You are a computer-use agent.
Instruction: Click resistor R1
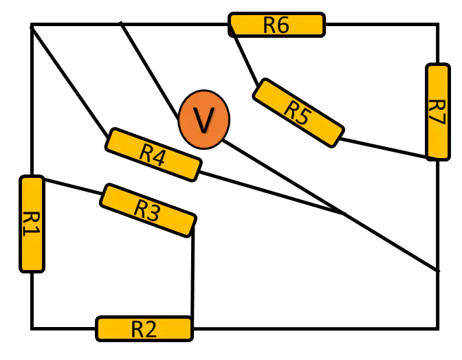click(x=32, y=224)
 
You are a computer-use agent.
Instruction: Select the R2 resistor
click(x=144, y=328)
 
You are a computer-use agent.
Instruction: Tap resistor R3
click(x=148, y=210)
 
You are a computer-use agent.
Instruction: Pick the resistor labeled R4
click(x=153, y=155)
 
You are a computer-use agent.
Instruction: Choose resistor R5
click(x=298, y=113)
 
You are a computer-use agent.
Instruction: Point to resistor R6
click(x=276, y=25)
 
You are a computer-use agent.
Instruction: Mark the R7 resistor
click(x=438, y=112)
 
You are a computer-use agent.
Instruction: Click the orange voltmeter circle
click(x=203, y=120)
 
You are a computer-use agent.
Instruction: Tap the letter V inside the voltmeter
click(x=203, y=120)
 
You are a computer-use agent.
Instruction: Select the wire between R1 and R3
click(x=73, y=186)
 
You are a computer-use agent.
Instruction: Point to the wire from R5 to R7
click(x=384, y=148)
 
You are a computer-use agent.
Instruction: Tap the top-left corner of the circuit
click(x=32, y=24)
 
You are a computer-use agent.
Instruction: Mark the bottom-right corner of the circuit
click(x=438, y=328)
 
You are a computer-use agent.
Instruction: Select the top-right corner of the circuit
click(x=438, y=24)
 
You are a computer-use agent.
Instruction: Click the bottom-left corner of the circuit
click(x=32, y=328)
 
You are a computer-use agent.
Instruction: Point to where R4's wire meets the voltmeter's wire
click(x=344, y=213)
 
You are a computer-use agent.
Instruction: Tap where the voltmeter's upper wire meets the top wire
click(x=120, y=23)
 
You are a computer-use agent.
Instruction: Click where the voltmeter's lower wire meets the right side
click(x=438, y=271)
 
